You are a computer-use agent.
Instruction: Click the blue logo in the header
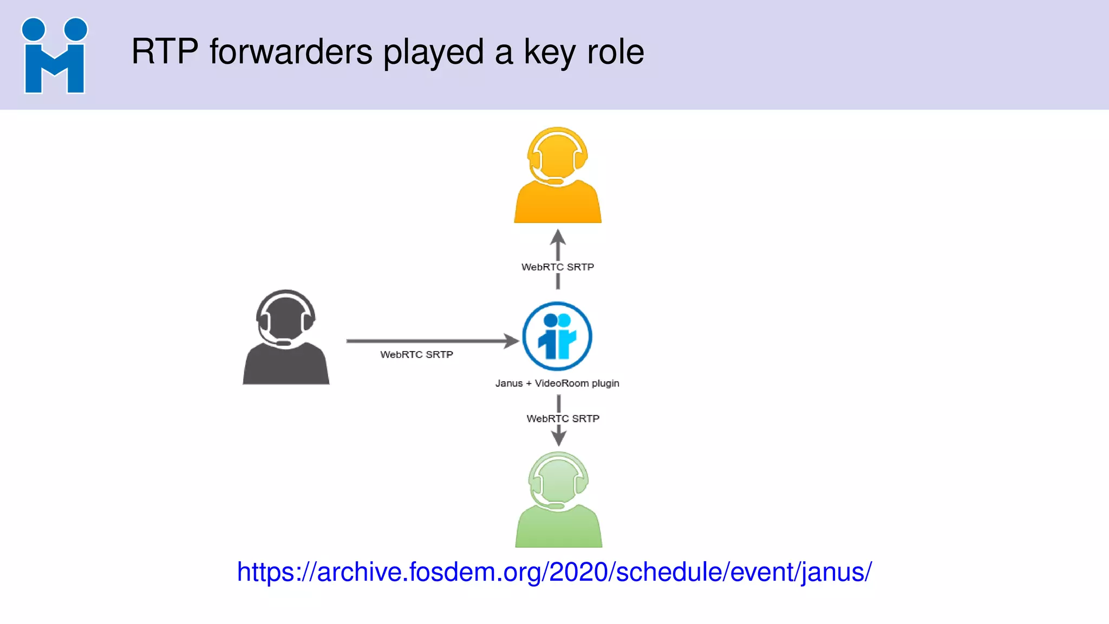(54, 56)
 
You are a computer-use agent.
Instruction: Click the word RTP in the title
(165, 52)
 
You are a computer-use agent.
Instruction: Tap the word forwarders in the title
(291, 52)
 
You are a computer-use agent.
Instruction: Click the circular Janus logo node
(557, 336)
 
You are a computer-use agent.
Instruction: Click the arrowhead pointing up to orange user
(558, 238)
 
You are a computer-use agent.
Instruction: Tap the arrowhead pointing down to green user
(559, 437)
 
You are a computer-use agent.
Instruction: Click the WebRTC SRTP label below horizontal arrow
(416, 355)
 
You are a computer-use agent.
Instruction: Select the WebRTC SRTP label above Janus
(557, 267)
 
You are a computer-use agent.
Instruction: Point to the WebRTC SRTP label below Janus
(563, 419)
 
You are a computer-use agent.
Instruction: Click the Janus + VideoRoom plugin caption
(557, 383)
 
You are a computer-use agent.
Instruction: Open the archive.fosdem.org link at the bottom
(554, 572)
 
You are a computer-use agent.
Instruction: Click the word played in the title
(433, 53)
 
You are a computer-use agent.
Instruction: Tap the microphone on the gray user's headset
(283, 343)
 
